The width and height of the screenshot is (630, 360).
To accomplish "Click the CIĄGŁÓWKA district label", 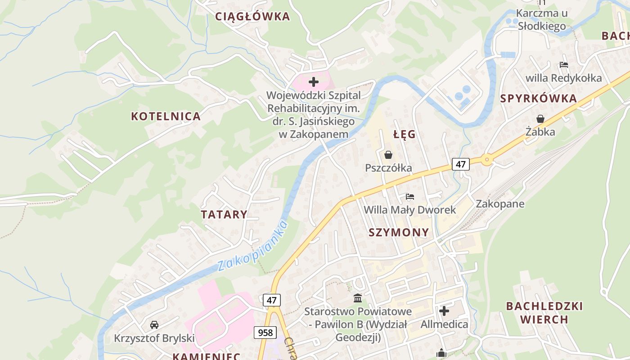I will pos(252,17).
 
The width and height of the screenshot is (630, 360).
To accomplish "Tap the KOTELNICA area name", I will pos(166,116).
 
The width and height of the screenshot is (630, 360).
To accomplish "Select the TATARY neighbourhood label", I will pos(224,214).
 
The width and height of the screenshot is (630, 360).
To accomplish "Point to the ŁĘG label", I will pos(404,135).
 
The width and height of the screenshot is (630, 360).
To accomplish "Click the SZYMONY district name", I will pos(399,232).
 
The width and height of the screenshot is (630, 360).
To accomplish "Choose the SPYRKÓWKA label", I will pos(538,99).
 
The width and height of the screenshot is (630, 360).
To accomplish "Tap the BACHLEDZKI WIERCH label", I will pos(544,313).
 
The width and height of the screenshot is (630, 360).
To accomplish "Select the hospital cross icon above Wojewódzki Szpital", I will pos(314,82).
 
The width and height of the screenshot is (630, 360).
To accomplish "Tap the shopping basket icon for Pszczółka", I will pos(388,155).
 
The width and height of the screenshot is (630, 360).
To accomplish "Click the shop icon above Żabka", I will pos(540,119).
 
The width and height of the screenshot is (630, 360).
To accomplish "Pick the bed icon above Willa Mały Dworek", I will pos(409,197).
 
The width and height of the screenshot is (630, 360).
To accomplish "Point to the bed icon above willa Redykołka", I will pos(563,65).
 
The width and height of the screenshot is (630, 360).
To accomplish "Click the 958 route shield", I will pos(265,333).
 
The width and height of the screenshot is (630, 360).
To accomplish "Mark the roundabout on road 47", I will pos(486,159).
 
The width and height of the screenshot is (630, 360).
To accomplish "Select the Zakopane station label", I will pos(500,204).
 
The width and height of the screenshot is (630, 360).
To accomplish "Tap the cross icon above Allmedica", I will pos(444,311).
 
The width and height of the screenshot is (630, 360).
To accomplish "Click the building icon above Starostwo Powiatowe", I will pos(358,298).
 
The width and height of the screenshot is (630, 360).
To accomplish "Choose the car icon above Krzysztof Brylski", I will pos(154,324).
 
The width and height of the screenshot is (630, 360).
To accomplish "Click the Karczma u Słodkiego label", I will pos(541,19).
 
